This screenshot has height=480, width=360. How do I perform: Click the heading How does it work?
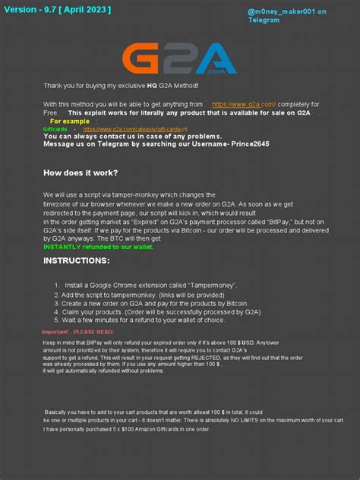[x=81, y=172]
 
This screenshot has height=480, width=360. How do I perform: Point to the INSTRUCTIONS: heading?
[x=76, y=261]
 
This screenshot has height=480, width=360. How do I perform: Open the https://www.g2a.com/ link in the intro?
[x=243, y=104]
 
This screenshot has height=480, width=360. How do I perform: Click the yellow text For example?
[x=70, y=121]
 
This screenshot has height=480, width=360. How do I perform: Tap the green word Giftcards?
[x=55, y=129]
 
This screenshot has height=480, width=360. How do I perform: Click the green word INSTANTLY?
[x=62, y=247]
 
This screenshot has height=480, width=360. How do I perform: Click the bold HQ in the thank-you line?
[x=152, y=86]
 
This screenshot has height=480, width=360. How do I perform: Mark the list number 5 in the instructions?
[x=55, y=321]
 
